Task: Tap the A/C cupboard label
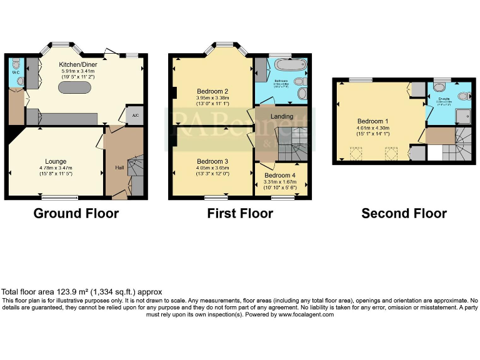pyautogui.click(x=134, y=116)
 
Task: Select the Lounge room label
pyautogui.click(x=55, y=161)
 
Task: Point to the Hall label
pyautogui.click(x=119, y=167)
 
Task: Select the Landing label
pyautogui.click(x=281, y=117)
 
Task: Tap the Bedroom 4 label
pyautogui.click(x=279, y=176)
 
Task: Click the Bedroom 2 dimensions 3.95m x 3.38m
pyautogui.click(x=213, y=97)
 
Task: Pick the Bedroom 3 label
pyautogui.click(x=212, y=161)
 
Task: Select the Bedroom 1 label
pyautogui.click(x=373, y=121)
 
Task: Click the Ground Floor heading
pyautogui.click(x=76, y=214)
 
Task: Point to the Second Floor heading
pyautogui.click(x=404, y=214)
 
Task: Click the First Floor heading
pyautogui.click(x=240, y=214)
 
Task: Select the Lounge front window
pyautogui.click(x=60, y=197)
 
